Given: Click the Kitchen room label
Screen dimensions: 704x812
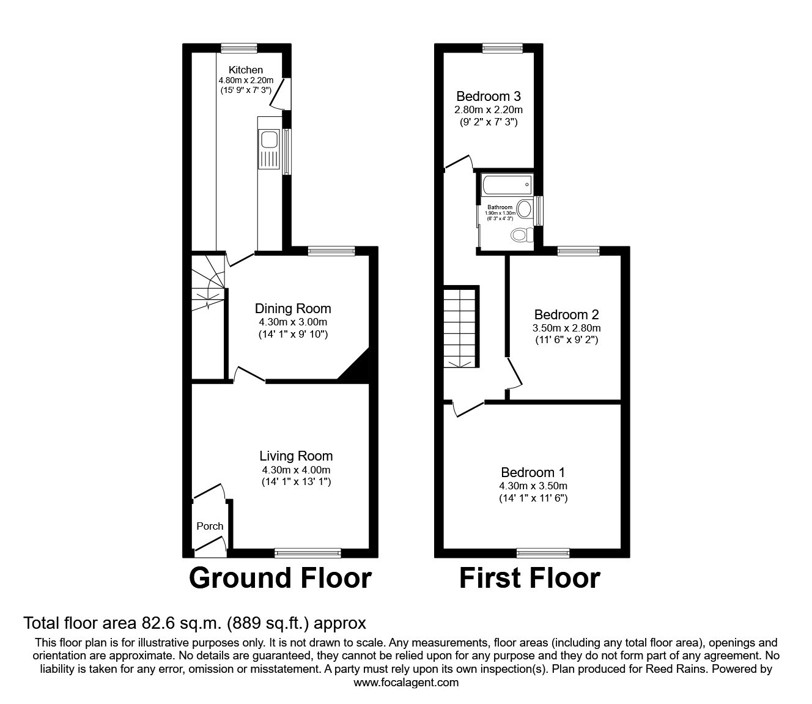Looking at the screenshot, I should coord(246,70).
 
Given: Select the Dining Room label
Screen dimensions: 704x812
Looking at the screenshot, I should coord(293,309).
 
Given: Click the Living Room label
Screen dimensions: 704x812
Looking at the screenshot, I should coord(296,456).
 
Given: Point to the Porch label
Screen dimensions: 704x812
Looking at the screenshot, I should coord(210,526).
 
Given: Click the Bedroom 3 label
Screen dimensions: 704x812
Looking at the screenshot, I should coord(489,97).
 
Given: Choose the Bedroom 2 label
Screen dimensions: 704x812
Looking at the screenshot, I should coord(566,315).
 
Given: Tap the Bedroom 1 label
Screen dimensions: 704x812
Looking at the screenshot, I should coord(533,473).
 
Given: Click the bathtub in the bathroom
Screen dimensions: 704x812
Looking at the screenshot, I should coord(507,183).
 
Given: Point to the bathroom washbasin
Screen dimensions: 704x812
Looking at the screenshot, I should coord(524,209).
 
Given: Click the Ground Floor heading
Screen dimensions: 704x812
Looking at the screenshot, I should coord(280,578).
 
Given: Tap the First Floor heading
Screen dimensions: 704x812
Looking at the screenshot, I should coord(530,578).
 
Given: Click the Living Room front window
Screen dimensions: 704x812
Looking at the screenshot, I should coord(308,553).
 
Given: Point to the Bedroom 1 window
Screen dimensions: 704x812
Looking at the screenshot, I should coord(543,553).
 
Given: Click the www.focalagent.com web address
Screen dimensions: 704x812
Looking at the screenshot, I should coord(406,683).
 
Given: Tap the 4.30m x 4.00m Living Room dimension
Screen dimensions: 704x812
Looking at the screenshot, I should coord(296,470).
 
